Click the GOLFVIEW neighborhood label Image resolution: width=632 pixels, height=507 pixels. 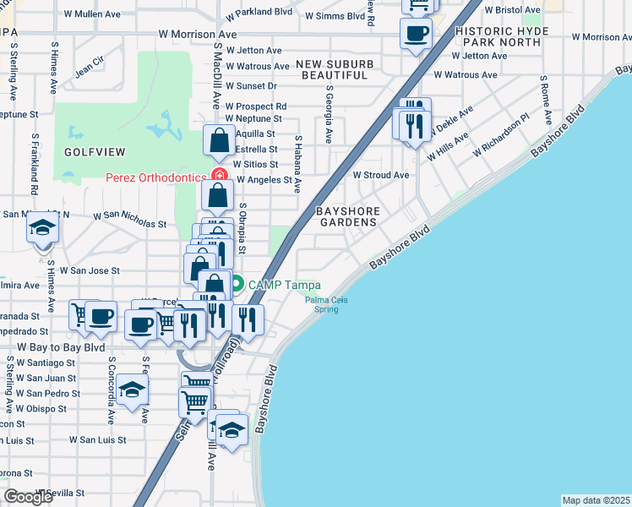[x=94, y=152]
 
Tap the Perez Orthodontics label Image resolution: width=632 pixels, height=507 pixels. [x=156, y=177]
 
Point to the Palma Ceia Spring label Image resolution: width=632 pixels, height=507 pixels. [x=322, y=304]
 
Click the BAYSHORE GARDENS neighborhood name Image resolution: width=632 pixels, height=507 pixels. [x=346, y=215]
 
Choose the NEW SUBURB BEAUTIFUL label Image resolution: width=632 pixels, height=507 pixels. [x=331, y=69]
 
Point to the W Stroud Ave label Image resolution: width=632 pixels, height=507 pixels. [x=380, y=175]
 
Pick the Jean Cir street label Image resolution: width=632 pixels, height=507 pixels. [x=89, y=62]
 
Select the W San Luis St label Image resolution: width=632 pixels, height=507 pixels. [x=97, y=439]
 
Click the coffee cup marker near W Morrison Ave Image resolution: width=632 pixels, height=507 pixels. [x=416, y=34]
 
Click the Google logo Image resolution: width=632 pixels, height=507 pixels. [x=28, y=497]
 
